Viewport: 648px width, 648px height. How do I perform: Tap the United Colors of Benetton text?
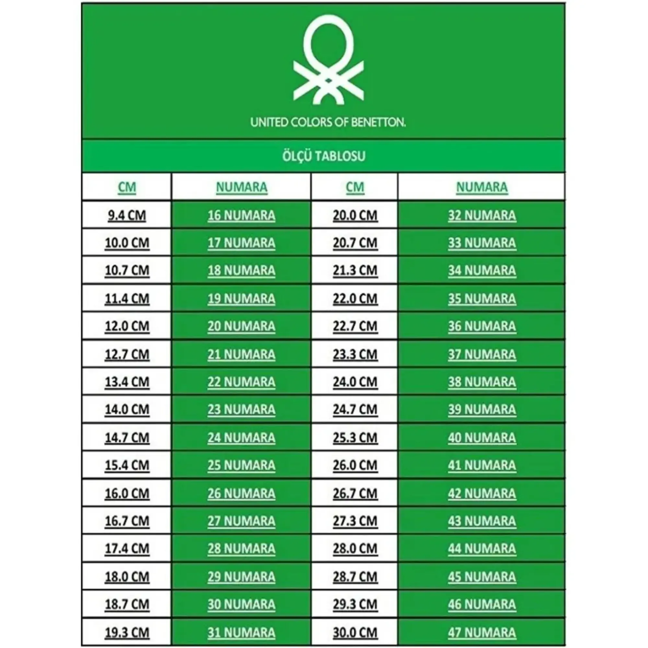328,122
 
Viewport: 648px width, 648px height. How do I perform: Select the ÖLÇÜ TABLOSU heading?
324,156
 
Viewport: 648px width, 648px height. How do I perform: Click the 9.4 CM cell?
127,215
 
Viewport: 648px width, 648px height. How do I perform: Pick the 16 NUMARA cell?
241,215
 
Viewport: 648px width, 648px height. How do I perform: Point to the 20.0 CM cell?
355,215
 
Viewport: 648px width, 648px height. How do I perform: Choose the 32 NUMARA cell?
482,215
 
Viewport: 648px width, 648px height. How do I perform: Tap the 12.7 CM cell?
127,354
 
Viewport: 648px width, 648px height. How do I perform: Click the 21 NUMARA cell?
241,354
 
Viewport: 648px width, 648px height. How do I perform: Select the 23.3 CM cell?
355,354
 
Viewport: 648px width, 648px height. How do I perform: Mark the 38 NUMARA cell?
482,382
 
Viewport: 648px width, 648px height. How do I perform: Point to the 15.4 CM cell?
127,465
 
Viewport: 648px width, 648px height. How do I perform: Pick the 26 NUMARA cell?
241,493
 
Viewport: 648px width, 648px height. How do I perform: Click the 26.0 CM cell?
355,465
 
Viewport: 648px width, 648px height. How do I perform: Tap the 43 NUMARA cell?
482,521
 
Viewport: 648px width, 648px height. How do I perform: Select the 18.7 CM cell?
127,604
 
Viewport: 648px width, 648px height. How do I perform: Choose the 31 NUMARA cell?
241,632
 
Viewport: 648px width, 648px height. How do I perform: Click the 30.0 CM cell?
355,632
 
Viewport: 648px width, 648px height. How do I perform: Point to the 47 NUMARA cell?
482,632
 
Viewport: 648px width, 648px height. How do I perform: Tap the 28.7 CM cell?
355,577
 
